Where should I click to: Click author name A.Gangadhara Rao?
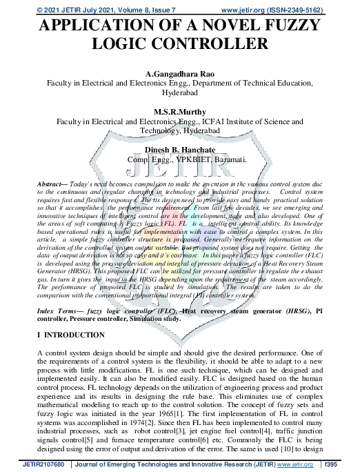tap(179, 72)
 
